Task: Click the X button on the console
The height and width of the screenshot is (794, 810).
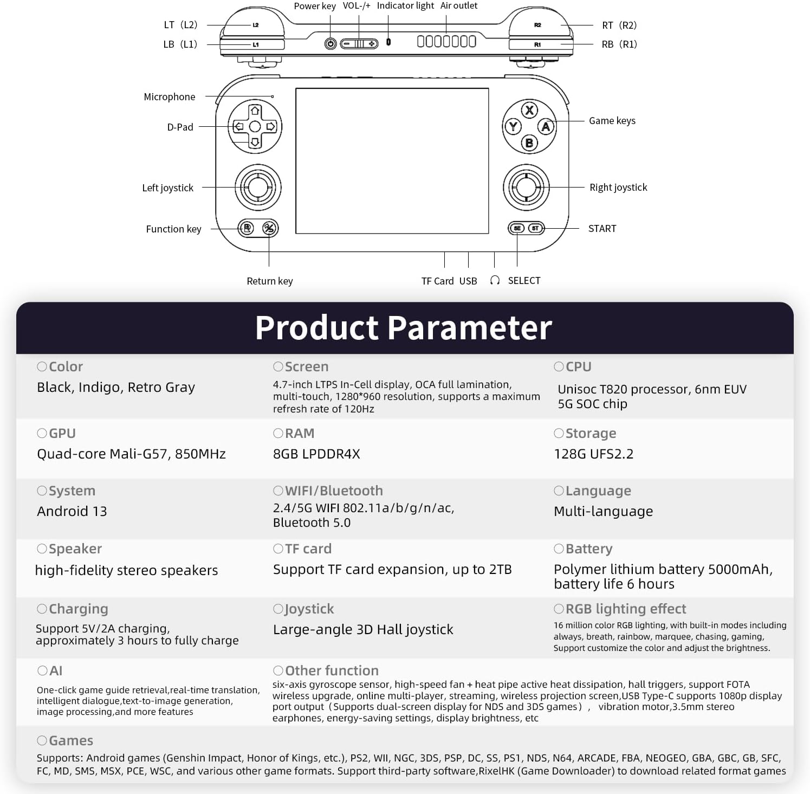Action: click(x=529, y=110)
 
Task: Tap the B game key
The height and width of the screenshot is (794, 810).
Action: click(x=529, y=143)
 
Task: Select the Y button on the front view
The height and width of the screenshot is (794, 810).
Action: click(x=513, y=127)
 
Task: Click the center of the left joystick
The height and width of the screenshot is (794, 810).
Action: click(x=258, y=187)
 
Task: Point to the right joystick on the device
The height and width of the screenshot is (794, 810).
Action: click(x=526, y=188)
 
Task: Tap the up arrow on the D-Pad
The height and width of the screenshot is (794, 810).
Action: click(x=255, y=111)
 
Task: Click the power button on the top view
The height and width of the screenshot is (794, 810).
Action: click(x=331, y=43)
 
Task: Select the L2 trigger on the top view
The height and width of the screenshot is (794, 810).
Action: click(x=255, y=25)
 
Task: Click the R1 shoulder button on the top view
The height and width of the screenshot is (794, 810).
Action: click(x=537, y=44)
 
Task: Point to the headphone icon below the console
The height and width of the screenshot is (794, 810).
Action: click(x=495, y=280)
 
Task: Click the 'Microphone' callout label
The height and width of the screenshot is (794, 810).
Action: click(x=170, y=97)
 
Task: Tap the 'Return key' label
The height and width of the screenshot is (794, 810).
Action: click(x=270, y=281)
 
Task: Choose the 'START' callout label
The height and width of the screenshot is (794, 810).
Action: click(x=602, y=229)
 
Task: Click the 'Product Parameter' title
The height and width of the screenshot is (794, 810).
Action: click(x=404, y=328)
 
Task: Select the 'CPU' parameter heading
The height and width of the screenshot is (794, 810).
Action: click(x=578, y=367)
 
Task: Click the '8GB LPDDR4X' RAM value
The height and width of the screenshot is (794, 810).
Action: click(x=316, y=454)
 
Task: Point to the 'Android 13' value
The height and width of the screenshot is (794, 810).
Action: click(x=72, y=511)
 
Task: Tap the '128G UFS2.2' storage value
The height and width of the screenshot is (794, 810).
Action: click(x=593, y=454)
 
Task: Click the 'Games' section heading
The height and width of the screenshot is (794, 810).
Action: click(x=70, y=740)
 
